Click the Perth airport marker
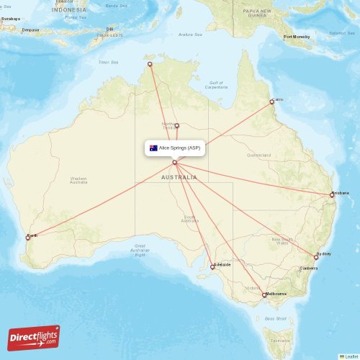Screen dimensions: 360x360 pos(28,237)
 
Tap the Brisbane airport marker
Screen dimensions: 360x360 pos(332,194)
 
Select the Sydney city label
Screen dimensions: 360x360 pos(324,254)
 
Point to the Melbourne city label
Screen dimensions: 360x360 pos(276,294)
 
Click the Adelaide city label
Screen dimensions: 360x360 pos(222,264)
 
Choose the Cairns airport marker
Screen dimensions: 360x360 pos(271,102)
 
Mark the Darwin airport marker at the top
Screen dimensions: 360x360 pos(150,65)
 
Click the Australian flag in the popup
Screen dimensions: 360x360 pos(153,148)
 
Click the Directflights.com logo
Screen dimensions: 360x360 pos(34,337)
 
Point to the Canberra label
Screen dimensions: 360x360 pos(308,269)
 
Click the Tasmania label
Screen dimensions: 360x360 pos(276,340)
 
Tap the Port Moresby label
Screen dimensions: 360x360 pos(297,37)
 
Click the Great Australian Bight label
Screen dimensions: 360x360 pos(140,250)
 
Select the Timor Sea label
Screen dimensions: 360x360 pos(107,62)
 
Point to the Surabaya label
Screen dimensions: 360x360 pos(10,19)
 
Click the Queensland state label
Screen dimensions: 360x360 pos(258,155)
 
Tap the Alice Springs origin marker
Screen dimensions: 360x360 pos(174,162)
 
